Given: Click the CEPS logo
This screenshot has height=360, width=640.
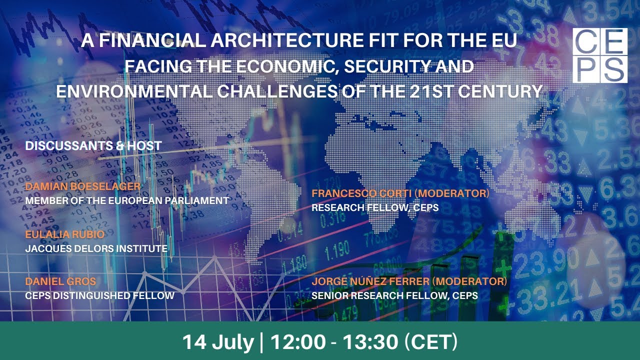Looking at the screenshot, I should coord(599,55).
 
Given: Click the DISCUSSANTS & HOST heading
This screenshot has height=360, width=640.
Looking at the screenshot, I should coord(93,146).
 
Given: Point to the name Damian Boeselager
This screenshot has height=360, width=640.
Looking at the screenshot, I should coord(83,187).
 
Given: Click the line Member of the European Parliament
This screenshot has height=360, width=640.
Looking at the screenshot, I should coord(127,200).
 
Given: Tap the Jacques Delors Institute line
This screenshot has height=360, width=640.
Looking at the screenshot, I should coord(96,248).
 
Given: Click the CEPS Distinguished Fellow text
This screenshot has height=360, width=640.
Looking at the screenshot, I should coord(99,295).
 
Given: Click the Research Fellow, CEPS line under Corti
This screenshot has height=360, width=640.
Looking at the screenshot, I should coord(375,207).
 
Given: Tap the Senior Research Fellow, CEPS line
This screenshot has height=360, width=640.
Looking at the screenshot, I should coord(394,295).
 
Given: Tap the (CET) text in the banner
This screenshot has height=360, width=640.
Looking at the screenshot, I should coord(431,342).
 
